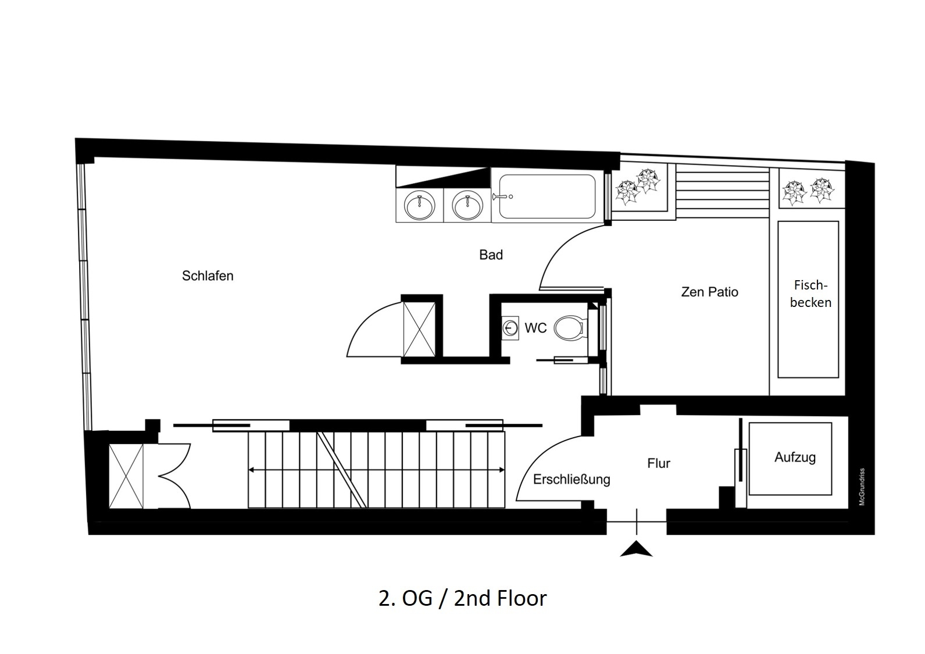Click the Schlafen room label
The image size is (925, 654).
point(208,276)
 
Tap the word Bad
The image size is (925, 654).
point(491,255)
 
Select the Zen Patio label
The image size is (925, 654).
point(709,292)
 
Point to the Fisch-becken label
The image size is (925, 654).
point(810,294)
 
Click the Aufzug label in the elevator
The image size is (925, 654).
point(795,458)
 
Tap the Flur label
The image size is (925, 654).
point(659,463)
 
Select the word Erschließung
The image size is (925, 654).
point(572,480)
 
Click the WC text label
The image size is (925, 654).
point(535,328)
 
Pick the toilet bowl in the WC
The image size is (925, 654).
point(570,328)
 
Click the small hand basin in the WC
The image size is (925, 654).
point(510,328)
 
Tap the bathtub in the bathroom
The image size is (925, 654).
point(548,196)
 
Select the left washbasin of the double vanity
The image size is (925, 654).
point(419,205)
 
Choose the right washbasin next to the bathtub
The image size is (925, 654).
point(467,205)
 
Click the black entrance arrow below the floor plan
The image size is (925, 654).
point(637,550)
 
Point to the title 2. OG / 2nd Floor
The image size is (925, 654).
point(463,598)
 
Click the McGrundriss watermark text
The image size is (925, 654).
point(862,487)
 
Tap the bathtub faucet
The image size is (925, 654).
point(502,196)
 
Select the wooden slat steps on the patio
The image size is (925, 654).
point(723,191)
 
